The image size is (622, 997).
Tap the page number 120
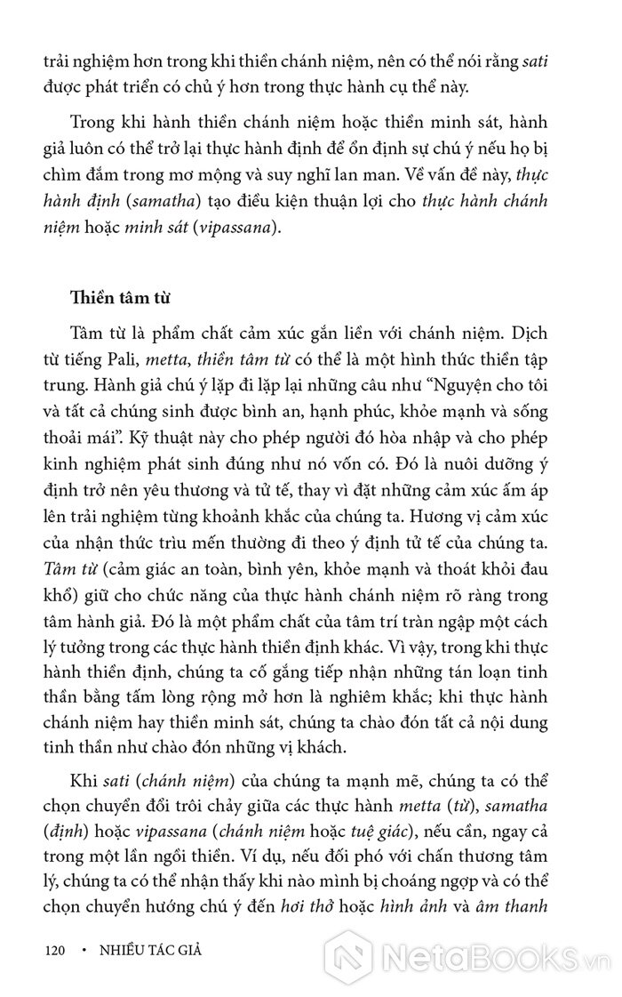55,950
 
